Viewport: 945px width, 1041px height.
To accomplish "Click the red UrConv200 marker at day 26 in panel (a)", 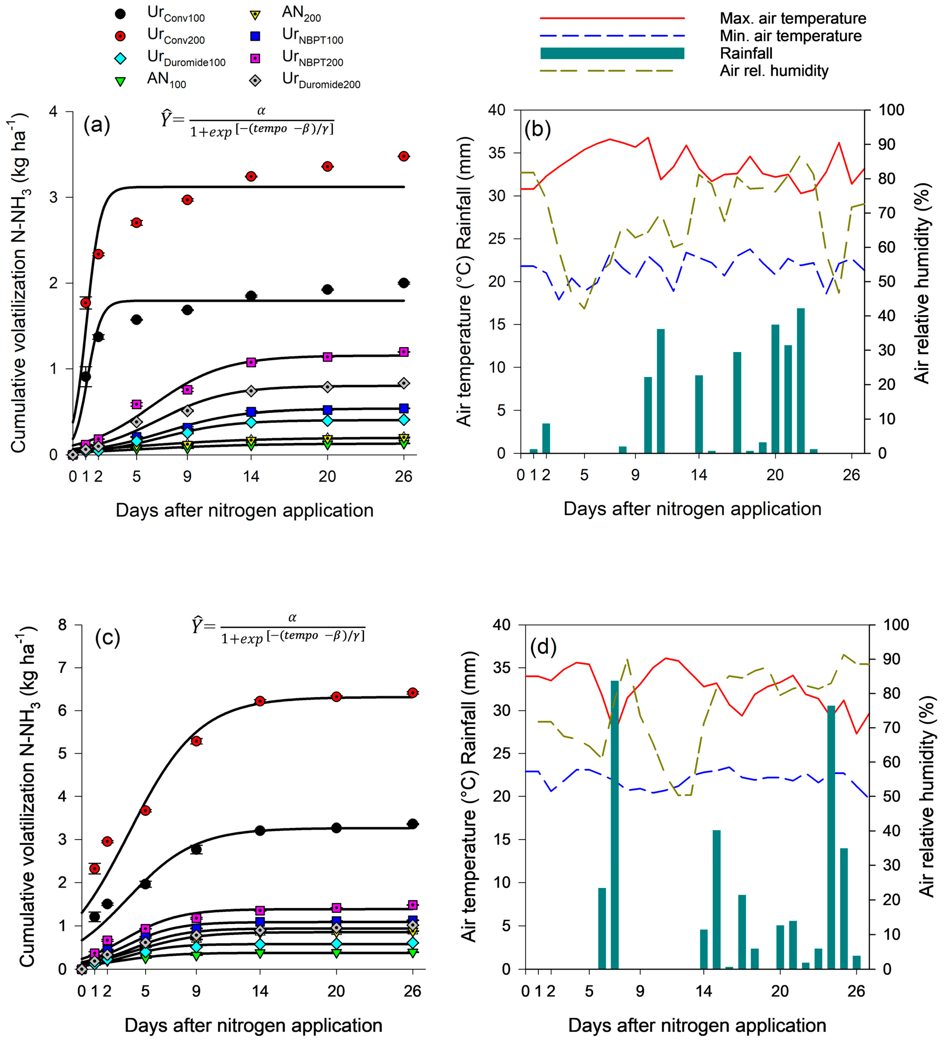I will [x=404, y=156].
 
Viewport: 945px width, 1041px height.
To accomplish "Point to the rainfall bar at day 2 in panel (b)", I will [x=546, y=438].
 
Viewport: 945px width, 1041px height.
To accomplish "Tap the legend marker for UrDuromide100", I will [x=120, y=58].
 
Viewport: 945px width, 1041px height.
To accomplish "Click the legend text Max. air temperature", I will [x=793, y=19].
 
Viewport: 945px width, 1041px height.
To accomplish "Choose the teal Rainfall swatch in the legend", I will [x=612, y=53].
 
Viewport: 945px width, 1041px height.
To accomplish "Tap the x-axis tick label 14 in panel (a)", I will [x=251, y=476].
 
